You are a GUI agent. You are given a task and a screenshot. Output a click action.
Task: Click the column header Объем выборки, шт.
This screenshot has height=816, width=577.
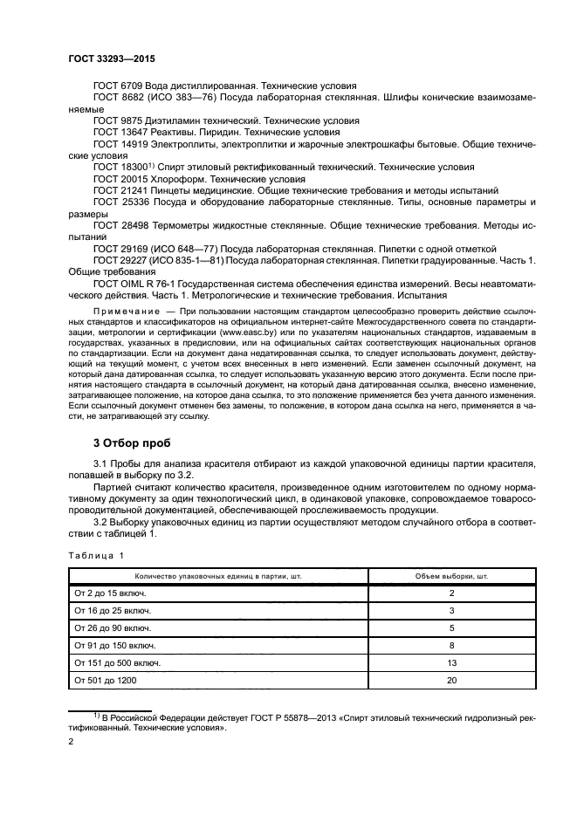click(452, 576)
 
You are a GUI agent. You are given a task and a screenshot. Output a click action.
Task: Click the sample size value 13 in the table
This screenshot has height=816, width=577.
click(452, 662)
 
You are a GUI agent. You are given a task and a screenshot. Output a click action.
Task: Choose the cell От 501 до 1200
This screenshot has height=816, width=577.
click(111, 680)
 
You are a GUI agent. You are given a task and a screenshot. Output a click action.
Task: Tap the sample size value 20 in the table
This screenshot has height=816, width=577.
click(452, 680)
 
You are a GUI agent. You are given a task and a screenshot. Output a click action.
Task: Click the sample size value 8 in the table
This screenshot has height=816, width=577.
click(452, 645)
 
